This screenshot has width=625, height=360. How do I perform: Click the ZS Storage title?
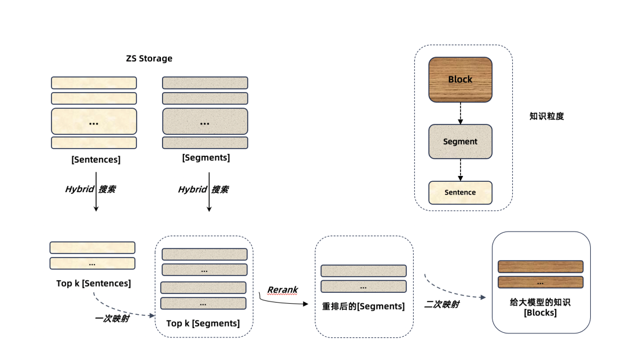[149, 58]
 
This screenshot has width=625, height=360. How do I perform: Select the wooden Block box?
[460, 79]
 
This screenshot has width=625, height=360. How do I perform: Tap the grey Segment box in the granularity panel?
[460, 141]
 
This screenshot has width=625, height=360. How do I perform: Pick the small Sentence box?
[460, 192]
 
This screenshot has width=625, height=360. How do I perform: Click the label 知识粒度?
[546, 116]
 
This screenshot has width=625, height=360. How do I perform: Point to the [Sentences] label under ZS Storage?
[96, 160]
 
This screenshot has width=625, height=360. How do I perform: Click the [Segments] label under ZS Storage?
[206, 157]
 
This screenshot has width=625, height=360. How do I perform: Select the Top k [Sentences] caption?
[93, 284]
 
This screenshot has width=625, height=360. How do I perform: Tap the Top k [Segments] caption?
[203, 324]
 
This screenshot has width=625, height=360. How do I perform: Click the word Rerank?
[282, 289]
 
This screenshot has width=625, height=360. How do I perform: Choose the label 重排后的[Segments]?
[363, 306]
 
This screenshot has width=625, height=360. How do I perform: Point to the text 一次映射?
[112, 318]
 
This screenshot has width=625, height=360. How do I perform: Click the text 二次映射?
[442, 304]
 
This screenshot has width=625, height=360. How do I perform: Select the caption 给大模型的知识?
[541, 302]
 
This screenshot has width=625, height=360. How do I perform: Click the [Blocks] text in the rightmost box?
[540, 313]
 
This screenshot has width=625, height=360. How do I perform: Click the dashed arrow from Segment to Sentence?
[460, 170]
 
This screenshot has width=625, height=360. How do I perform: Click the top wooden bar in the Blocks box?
[541, 266]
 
